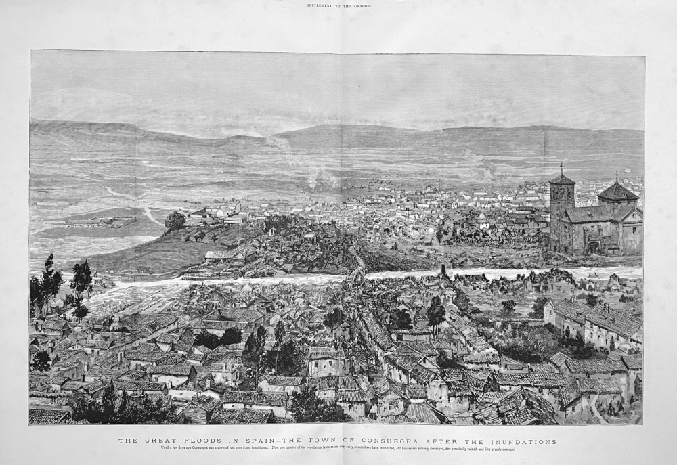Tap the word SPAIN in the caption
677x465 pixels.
pos(258,441)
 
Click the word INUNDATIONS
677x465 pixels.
pos(519,441)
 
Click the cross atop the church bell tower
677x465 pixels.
pos(561,167)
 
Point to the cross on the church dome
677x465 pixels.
pos(616,175)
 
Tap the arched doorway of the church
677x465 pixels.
pos(594,247)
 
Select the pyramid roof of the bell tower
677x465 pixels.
pos(562,179)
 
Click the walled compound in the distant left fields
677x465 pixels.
pos(100,221)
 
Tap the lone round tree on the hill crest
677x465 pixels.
pos(175,221)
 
